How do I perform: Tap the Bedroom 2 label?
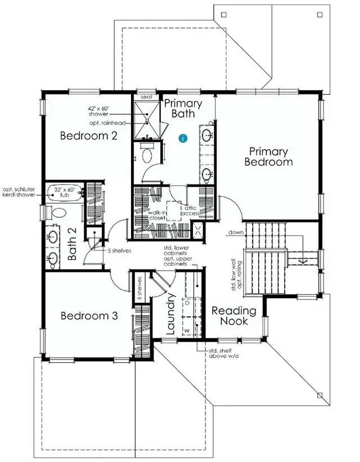coord(89,135)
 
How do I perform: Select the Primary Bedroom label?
coord(268,156)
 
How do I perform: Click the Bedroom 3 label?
coord(89,316)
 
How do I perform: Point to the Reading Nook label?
coord(233,316)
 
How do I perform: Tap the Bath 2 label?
coord(73,246)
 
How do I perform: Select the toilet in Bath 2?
coord(58,213)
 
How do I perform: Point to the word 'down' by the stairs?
coord(236,232)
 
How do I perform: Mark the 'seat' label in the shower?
coord(146,97)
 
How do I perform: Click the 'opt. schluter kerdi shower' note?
coord(19,192)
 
